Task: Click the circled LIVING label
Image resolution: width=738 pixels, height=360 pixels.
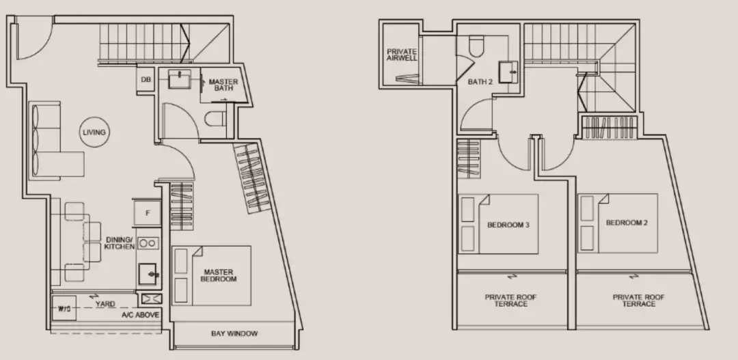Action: (x=94, y=133)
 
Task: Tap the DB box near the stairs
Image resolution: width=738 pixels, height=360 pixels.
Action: (x=146, y=79)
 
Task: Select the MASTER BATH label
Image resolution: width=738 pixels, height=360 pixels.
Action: (x=223, y=85)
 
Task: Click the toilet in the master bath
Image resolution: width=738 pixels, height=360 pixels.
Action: (x=215, y=119)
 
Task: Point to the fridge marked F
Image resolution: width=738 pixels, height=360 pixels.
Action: (x=148, y=212)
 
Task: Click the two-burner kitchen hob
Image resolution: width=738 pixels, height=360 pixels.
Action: (x=148, y=243)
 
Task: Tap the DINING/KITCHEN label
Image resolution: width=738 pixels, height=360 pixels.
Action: (x=120, y=243)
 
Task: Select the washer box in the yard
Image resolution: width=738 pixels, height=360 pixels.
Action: (x=64, y=309)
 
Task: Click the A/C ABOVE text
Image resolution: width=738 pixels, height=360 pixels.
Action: (x=140, y=315)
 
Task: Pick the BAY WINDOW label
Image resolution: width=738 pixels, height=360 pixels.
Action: (x=234, y=333)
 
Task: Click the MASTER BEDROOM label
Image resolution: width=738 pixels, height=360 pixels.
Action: (x=219, y=275)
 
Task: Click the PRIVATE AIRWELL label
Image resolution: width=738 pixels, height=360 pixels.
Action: (x=402, y=55)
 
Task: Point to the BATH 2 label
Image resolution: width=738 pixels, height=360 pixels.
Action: (x=480, y=81)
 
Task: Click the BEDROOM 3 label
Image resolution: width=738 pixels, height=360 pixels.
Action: (x=508, y=225)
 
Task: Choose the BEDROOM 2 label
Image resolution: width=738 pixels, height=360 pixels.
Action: (x=627, y=223)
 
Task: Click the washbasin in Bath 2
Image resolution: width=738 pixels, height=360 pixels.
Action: (x=508, y=72)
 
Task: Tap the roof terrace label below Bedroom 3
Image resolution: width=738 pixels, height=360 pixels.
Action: (x=510, y=301)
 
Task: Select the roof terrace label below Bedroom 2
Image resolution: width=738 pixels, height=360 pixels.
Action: (x=639, y=301)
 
